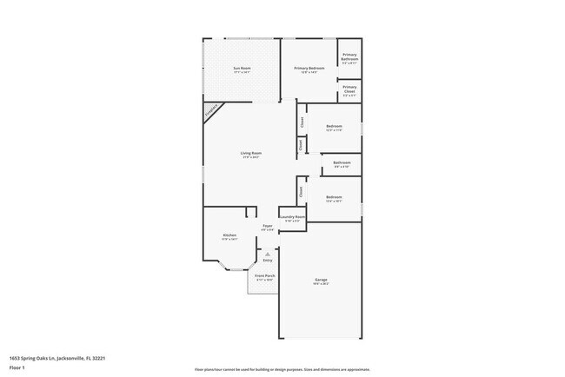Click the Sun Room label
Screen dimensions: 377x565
pyautogui.click(x=241, y=69)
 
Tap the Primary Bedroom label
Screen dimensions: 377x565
pyautogui.click(x=309, y=69)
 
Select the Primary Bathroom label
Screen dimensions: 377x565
pyautogui.click(x=349, y=58)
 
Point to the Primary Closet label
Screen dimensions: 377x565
pyautogui.click(x=349, y=89)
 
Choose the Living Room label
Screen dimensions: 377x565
pyautogui.click(x=251, y=155)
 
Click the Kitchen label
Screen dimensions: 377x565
pyautogui.click(x=229, y=236)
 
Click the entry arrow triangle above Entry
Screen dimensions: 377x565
pyautogui.click(x=267, y=254)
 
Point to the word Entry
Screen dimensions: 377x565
pyautogui.click(x=267, y=261)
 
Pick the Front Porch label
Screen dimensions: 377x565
pyautogui.click(x=264, y=277)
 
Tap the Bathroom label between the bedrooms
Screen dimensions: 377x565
pyautogui.click(x=342, y=163)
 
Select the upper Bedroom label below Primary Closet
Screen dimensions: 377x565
pyautogui.click(x=334, y=128)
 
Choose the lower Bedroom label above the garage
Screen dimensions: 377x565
pyautogui.click(x=334, y=199)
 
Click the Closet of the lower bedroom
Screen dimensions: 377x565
pyautogui.click(x=301, y=190)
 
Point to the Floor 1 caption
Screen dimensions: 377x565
pyautogui.click(x=17, y=367)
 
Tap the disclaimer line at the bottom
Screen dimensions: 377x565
pyautogui.click(x=282, y=368)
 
